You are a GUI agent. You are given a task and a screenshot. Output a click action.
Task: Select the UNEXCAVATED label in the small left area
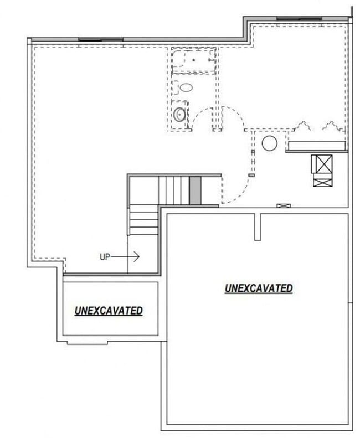pos(109,311)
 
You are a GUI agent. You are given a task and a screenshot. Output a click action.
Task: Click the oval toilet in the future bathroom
pos(186,87)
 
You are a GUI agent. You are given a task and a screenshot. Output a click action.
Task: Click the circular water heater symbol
pos(269,143)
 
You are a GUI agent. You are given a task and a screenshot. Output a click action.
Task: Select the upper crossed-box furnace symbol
pos(322,164)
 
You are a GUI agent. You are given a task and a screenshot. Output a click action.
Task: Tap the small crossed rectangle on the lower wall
pos(283,205)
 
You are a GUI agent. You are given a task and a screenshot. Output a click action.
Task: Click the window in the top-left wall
pos(100,39)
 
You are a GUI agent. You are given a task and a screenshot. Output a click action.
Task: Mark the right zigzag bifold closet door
pos(331,127)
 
